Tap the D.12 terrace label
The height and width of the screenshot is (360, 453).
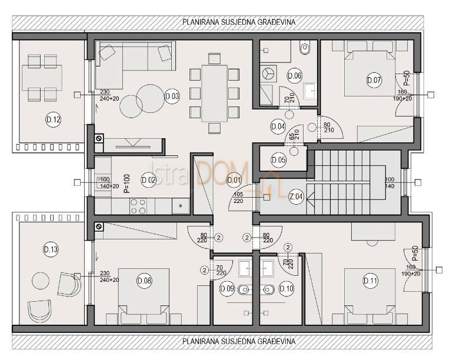tap(53, 121)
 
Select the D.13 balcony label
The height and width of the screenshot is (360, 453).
tap(51, 250)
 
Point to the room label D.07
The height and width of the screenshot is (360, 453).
tap(374, 80)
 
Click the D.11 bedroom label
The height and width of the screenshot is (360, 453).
tap(371, 281)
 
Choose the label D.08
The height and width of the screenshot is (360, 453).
tap(144, 281)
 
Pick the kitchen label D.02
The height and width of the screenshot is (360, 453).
tap(148, 181)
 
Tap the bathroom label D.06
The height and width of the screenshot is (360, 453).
tap(295, 75)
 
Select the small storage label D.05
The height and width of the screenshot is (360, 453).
tap(279, 160)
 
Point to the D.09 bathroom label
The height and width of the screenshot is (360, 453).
tap(227, 288)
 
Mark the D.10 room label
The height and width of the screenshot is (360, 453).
tap(287, 288)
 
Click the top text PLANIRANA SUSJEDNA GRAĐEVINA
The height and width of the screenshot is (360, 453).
tap(239, 21)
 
